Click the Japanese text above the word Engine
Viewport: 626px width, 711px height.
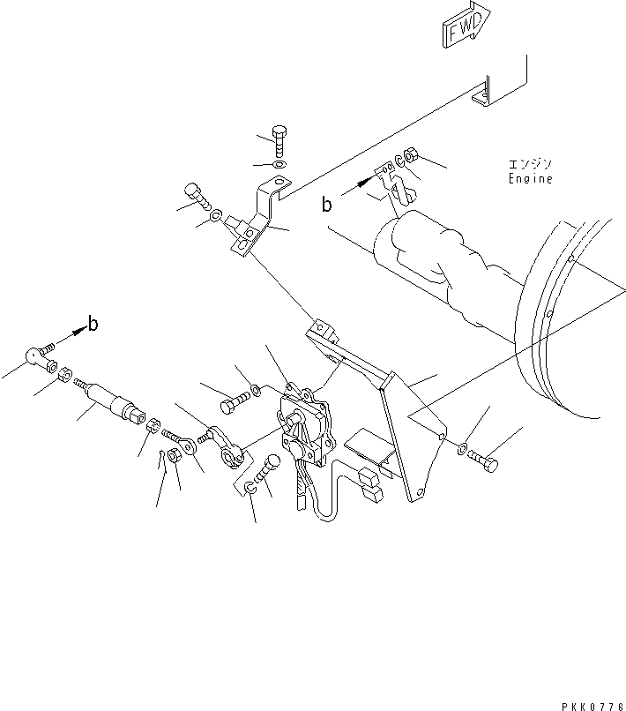pos(529,164)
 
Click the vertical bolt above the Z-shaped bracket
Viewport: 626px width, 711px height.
pos(281,142)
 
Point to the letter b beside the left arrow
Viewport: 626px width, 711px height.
pos(93,324)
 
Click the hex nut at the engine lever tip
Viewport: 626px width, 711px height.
pos(412,159)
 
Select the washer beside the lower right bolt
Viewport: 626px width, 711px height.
pos(463,451)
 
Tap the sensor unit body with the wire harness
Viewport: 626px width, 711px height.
pos(304,423)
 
